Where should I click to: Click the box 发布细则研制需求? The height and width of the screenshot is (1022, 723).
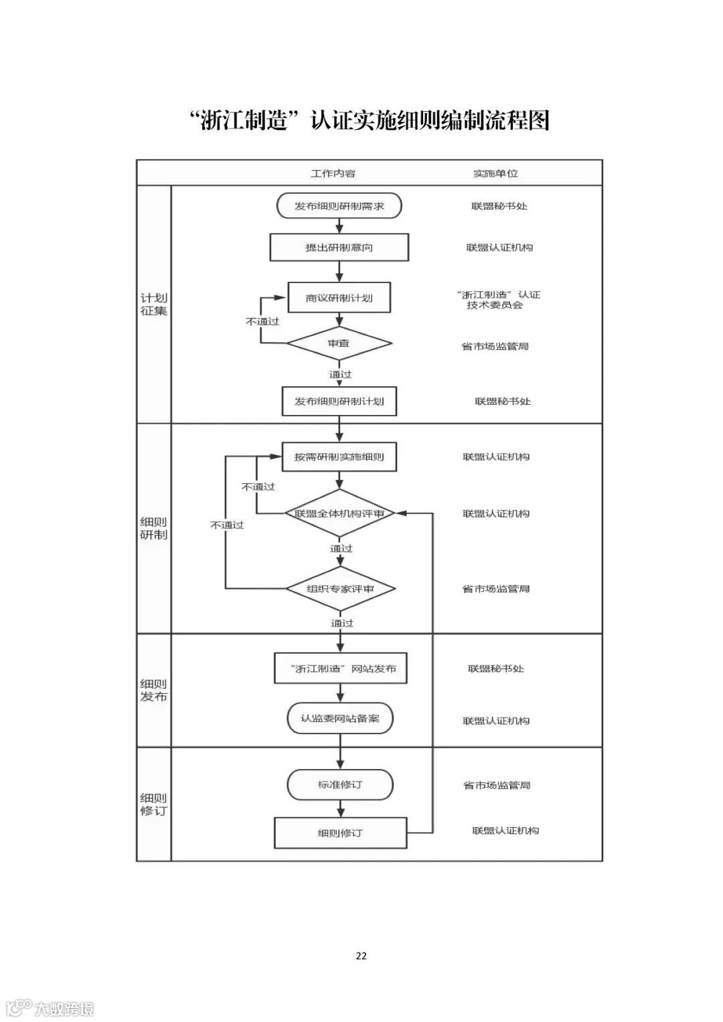(x=339, y=206)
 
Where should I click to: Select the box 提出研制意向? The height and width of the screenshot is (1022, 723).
(x=339, y=248)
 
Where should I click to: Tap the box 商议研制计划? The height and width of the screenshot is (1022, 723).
(x=339, y=298)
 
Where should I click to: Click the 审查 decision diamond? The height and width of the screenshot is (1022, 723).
(x=339, y=343)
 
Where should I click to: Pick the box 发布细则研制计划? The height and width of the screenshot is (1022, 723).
(x=339, y=402)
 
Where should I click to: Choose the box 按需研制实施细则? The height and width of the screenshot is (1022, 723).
(x=339, y=457)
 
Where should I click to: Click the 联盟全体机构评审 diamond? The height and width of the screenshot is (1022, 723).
(x=339, y=514)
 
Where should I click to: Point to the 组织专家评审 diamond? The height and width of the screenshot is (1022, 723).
(x=340, y=589)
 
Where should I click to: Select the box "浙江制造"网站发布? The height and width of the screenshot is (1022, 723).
(x=341, y=669)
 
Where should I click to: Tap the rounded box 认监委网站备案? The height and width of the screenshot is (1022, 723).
(x=340, y=718)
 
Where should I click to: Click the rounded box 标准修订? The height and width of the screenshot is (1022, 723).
(x=340, y=784)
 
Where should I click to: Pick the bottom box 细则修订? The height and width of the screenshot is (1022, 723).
(x=340, y=833)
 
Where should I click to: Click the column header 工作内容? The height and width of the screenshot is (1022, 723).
(x=333, y=173)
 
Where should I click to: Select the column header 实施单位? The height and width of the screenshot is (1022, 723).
(x=496, y=173)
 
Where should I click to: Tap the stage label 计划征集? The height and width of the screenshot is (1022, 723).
(x=154, y=305)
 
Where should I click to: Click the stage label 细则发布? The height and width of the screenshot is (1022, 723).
(x=154, y=690)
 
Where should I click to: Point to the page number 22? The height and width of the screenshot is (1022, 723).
(x=361, y=956)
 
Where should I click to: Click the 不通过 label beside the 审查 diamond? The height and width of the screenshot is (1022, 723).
(x=262, y=321)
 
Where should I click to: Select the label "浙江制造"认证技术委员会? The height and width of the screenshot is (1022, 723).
(x=496, y=300)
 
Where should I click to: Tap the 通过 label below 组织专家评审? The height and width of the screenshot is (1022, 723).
(x=341, y=623)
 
